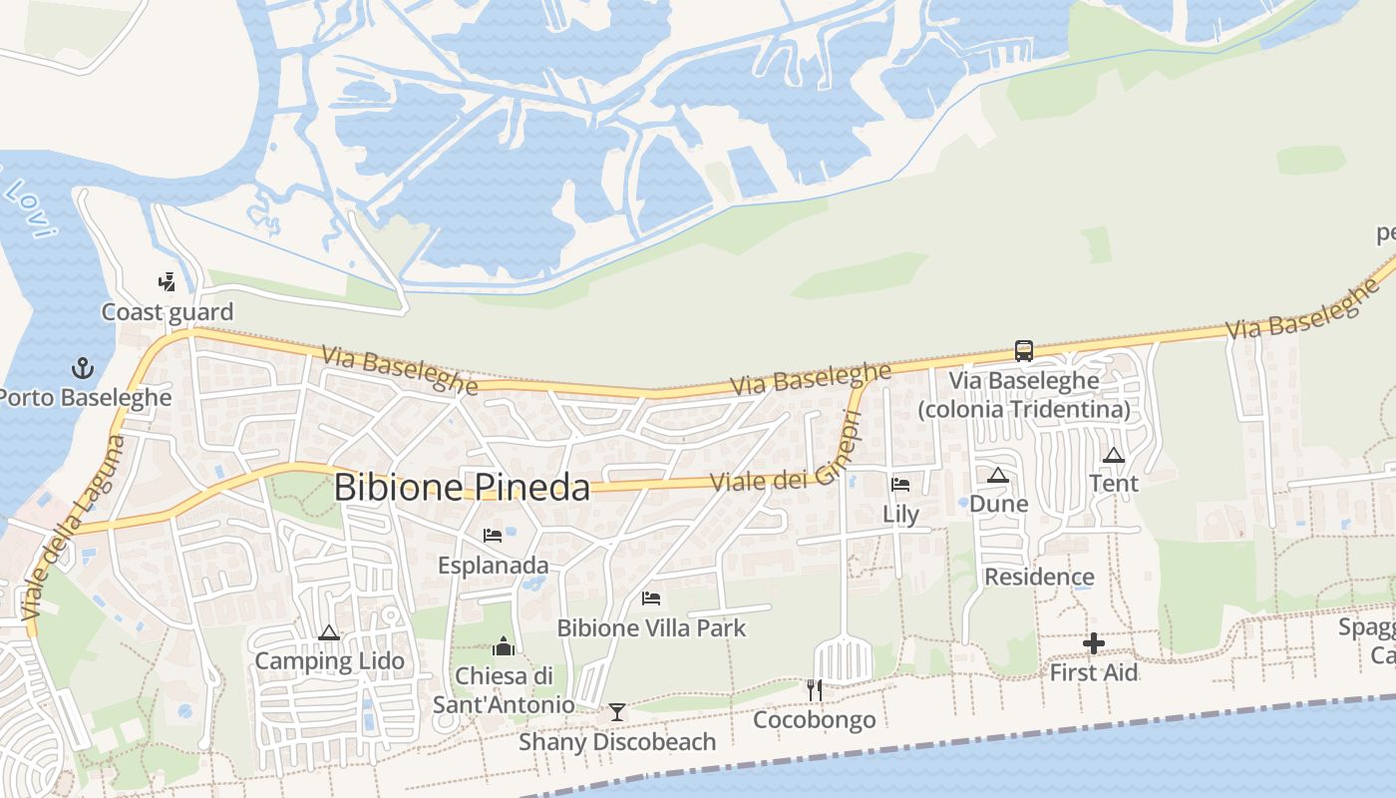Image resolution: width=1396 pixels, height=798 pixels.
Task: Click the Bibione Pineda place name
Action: click(462, 487)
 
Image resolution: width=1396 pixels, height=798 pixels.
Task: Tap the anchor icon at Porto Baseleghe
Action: click(83, 369)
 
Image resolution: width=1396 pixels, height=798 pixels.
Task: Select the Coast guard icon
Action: click(168, 282)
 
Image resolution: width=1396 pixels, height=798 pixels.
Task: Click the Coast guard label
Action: click(168, 312)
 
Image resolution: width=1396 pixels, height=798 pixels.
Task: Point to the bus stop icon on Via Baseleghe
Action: click(1024, 351)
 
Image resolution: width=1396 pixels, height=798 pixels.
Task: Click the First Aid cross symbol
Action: click(1094, 643)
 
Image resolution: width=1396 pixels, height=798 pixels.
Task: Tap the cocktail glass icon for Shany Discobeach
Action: click(617, 712)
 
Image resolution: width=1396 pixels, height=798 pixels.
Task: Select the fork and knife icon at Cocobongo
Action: click(815, 690)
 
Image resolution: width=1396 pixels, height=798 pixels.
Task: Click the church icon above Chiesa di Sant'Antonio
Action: click(504, 646)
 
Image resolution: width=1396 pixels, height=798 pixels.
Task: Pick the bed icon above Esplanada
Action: click(493, 536)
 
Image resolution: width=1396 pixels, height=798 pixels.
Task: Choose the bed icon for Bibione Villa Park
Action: click(651, 598)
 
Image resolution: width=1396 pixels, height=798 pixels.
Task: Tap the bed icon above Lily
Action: click(900, 486)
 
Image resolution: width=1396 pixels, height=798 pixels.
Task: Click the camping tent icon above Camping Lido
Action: click(329, 632)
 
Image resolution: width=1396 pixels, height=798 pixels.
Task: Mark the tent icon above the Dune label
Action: click(998, 476)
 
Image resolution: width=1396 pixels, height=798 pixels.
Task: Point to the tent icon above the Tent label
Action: click(1114, 456)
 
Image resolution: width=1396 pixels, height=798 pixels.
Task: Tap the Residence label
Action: click(1039, 577)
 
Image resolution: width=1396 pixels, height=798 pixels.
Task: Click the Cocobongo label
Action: click(815, 719)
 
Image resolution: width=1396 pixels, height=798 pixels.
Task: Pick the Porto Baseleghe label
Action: click(85, 397)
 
